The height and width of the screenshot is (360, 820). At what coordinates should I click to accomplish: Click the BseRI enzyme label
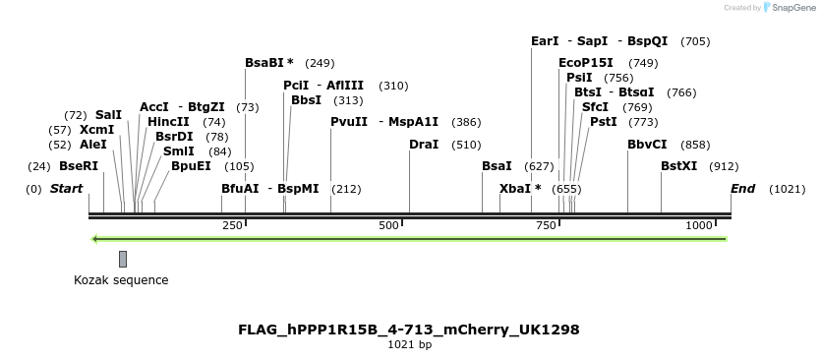click(x=79, y=166)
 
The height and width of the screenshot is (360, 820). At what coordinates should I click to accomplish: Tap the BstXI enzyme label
click(x=678, y=166)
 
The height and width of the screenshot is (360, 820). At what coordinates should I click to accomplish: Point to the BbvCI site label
click(x=647, y=145)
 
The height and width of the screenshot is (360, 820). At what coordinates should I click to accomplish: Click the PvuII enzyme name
click(x=349, y=122)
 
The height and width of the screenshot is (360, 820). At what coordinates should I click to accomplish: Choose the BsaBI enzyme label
click(x=269, y=63)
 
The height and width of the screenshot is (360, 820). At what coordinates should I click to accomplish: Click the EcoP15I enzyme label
click(x=586, y=63)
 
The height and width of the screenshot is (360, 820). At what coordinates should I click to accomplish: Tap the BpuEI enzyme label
click(x=191, y=166)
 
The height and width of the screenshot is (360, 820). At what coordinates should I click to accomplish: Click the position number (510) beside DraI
click(x=466, y=145)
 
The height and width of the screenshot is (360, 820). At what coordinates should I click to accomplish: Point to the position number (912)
click(x=724, y=166)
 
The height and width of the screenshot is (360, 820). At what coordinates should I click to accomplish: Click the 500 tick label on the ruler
click(x=389, y=226)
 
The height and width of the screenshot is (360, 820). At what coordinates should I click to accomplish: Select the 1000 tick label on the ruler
click(x=698, y=226)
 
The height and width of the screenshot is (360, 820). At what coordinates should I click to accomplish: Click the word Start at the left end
click(x=66, y=189)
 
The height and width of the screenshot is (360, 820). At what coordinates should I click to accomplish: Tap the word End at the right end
click(x=742, y=189)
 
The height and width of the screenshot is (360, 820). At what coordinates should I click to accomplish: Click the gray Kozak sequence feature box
click(x=123, y=259)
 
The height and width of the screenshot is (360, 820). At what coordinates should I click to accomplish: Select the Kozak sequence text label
click(x=121, y=280)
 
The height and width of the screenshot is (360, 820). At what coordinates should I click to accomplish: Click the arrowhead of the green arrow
click(x=95, y=239)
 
